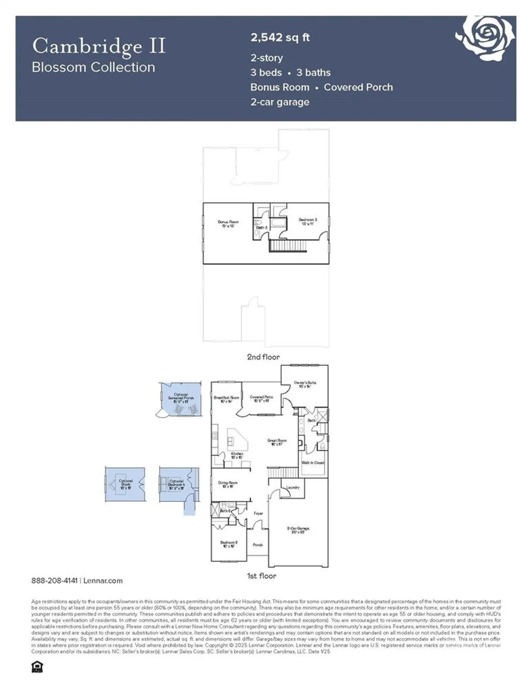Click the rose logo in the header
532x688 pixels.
click(x=486, y=38)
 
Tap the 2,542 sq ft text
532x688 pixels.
click(x=280, y=38)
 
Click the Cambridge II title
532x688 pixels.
click(x=99, y=46)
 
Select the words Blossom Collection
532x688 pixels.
click(x=94, y=67)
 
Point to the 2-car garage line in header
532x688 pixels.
click(x=280, y=102)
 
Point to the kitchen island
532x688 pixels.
click(x=238, y=440)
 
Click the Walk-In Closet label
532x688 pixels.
click(x=313, y=463)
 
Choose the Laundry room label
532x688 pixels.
click(x=293, y=487)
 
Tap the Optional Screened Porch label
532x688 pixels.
click(x=181, y=398)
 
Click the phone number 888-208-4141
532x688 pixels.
click(x=55, y=581)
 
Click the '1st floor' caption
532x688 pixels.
click(x=261, y=576)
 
